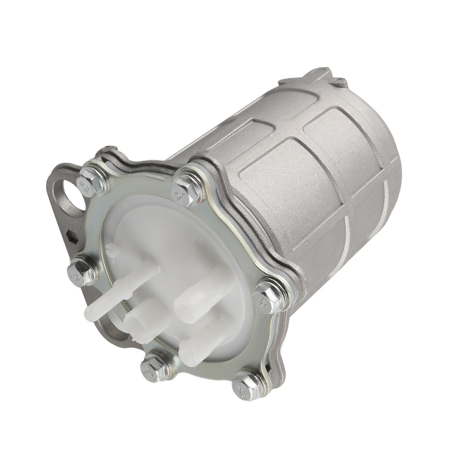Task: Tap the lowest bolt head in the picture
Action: (x=245, y=386)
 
